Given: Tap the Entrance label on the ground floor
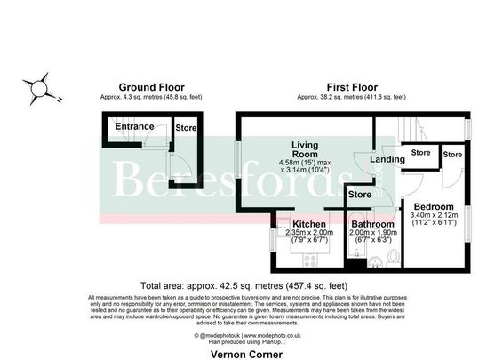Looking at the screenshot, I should click(129, 127).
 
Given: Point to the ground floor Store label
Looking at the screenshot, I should click(185, 128).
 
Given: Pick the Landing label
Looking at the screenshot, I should click(388, 161).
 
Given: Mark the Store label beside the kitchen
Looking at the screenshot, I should click(359, 195).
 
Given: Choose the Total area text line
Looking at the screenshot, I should click(245, 284).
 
